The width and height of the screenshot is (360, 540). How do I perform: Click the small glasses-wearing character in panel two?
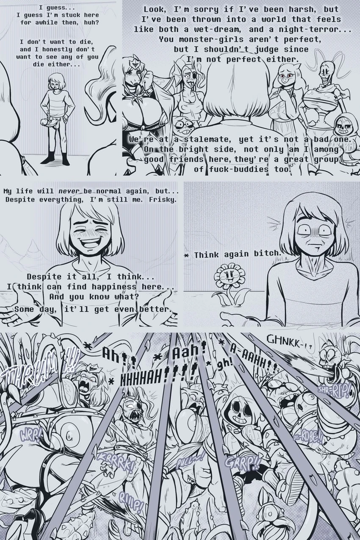coord(183,125)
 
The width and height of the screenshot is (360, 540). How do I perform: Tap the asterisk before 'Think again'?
coord(187,255)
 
